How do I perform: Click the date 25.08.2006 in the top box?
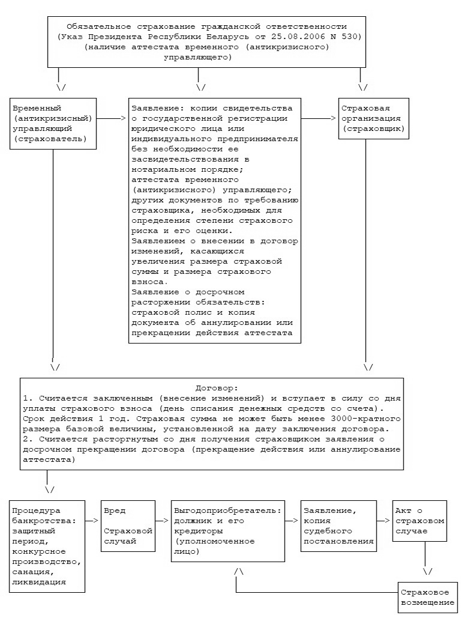[x=293, y=37]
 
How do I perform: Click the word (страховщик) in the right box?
[x=373, y=129]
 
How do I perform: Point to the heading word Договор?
[x=217, y=388]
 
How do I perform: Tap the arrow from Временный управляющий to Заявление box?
[x=111, y=118]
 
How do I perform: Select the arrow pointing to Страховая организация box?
[x=318, y=118]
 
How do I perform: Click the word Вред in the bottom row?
[x=115, y=510]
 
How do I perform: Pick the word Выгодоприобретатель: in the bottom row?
[x=228, y=511]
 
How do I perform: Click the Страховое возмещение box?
[x=427, y=598]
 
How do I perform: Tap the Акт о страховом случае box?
[x=419, y=521]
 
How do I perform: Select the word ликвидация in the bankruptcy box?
[x=39, y=582]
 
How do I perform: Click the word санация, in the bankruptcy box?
[x=34, y=572]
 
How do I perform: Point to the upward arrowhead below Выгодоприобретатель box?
[x=239, y=571]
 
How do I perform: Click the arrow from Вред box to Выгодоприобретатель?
[x=163, y=521]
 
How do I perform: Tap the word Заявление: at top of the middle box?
[x=155, y=108]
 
